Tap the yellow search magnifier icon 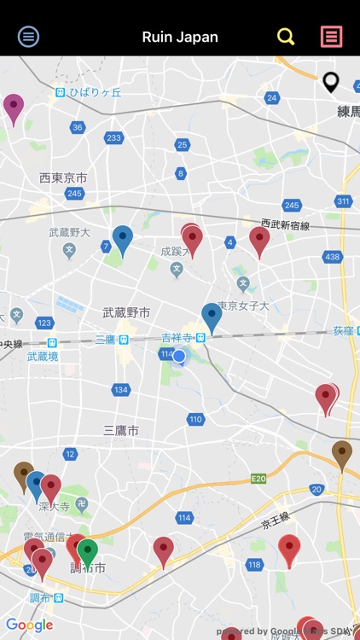click(286, 37)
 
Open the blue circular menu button click(29, 37)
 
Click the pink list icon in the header click(331, 37)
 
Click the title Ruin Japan click(180, 37)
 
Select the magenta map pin click(14, 107)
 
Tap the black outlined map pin click(331, 82)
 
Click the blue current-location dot click(179, 356)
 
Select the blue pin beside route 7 click(123, 239)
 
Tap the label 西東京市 click(63, 177)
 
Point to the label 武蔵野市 click(126, 312)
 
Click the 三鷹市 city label click(120, 429)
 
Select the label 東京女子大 click(243, 306)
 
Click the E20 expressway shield click(259, 480)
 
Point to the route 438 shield click(333, 257)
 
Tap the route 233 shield click(113, 138)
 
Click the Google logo click(29, 625)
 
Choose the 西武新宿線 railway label click(286, 224)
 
